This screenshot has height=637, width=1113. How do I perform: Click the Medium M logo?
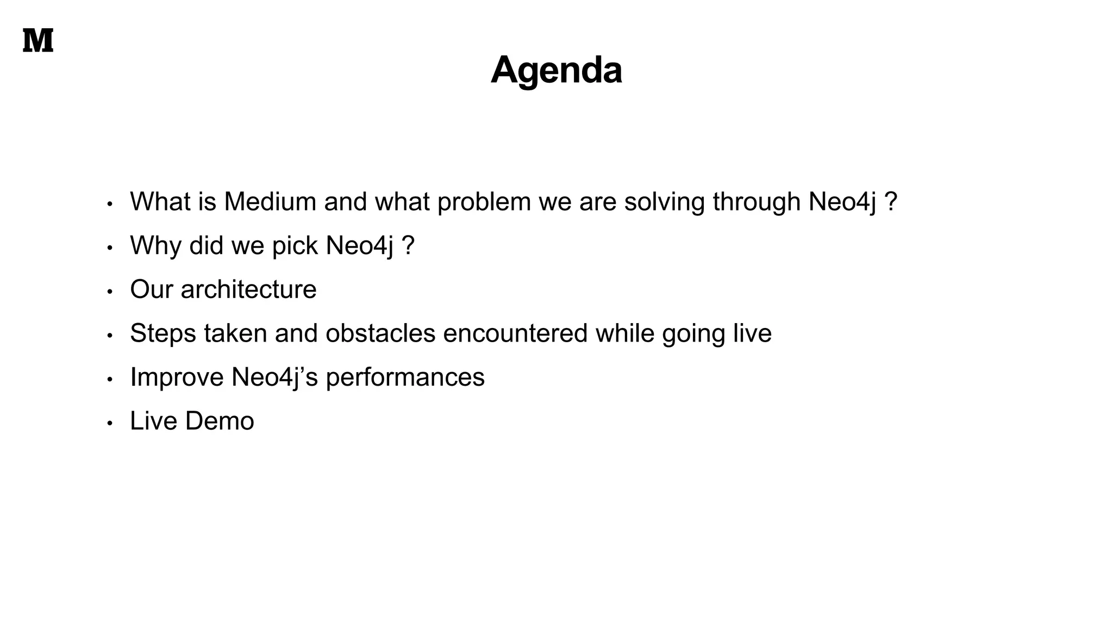pyautogui.click(x=38, y=41)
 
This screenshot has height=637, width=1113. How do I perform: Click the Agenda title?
pyautogui.click(x=556, y=70)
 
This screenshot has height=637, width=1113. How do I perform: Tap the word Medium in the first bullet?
pyautogui.click(x=270, y=202)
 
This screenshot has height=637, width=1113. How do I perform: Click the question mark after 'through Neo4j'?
pyautogui.click(x=891, y=202)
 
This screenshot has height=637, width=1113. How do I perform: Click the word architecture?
pyautogui.click(x=248, y=289)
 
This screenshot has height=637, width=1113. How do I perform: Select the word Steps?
pyautogui.click(x=163, y=333)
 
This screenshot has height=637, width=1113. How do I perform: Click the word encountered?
pyautogui.click(x=515, y=333)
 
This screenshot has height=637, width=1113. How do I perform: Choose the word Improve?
pyautogui.click(x=177, y=378)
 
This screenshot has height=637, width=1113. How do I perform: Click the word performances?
pyautogui.click(x=405, y=378)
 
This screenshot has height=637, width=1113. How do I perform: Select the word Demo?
pyautogui.click(x=220, y=421)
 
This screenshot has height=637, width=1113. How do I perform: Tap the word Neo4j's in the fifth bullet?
pyautogui.click(x=274, y=378)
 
